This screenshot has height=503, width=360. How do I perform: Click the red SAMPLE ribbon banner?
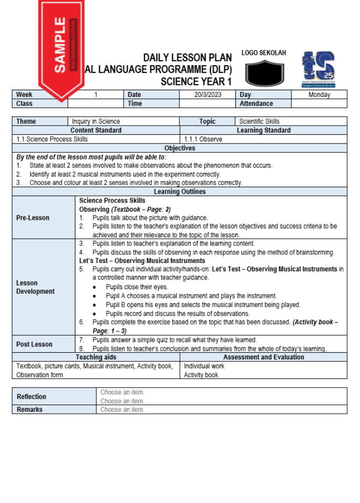pos(61,46)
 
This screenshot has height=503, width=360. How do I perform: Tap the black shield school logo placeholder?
pos(264,73)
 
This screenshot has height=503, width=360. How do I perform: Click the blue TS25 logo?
pos(318,68)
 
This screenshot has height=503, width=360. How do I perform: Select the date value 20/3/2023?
pos(208,94)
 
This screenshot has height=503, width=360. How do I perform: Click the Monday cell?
pos(319,94)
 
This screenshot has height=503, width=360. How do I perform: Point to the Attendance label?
pos(256,104)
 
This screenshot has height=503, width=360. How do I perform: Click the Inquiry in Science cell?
pos(96,122)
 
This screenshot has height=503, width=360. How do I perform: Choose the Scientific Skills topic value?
pos(259,122)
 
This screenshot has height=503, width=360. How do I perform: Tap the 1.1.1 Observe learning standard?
pos(203,139)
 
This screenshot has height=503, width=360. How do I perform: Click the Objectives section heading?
pos(179,148)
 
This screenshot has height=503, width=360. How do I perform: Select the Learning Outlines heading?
pos(179,192)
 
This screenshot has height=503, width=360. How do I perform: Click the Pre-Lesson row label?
pos(33,217)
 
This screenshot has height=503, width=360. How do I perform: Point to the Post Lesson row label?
pos(34,344)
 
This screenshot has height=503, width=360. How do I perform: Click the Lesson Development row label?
pos(35,287)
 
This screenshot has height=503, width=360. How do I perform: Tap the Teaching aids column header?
pos(96,357)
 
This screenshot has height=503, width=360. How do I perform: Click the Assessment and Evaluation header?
pos(263,357)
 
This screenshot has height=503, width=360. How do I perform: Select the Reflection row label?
pos(31,396)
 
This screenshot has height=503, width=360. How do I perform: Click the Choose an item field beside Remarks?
pos(123,410)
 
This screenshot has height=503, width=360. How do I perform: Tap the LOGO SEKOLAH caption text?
pos(264,53)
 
